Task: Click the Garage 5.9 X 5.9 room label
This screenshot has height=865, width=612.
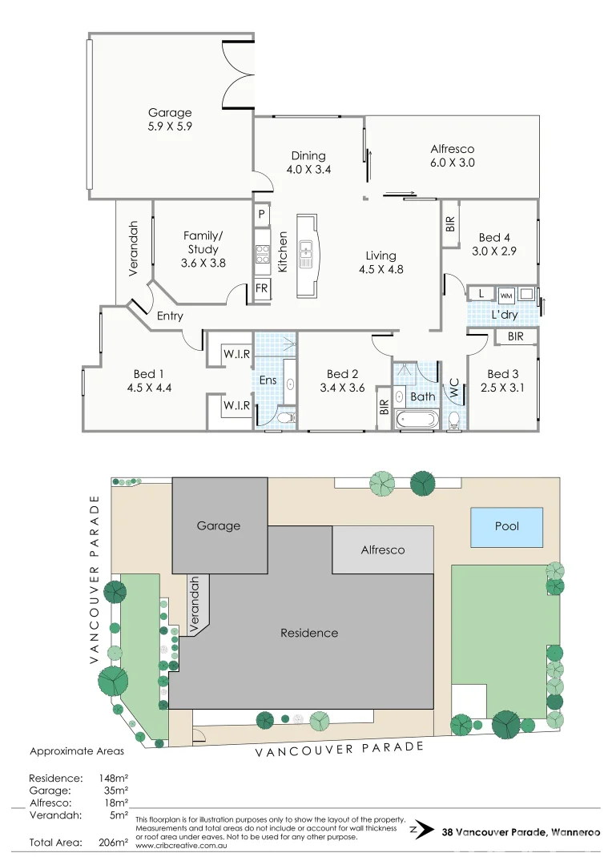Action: pyautogui.click(x=170, y=119)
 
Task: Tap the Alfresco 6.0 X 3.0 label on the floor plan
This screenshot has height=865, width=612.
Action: pyautogui.click(x=452, y=155)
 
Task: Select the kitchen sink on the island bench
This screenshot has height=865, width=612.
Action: pyautogui.click(x=305, y=255)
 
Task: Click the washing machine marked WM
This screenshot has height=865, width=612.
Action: pyautogui.click(x=506, y=294)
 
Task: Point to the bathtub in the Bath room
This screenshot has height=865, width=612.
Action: pyautogui.click(x=417, y=419)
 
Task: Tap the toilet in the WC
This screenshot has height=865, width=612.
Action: pyautogui.click(x=454, y=420)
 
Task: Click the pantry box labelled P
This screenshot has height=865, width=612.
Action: pyautogui.click(x=261, y=214)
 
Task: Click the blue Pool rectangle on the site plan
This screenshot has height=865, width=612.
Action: pyautogui.click(x=506, y=526)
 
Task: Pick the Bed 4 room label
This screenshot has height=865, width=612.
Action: pyautogui.click(x=494, y=244)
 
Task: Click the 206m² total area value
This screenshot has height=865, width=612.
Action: pyautogui.click(x=112, y=842)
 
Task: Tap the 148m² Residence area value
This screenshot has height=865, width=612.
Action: pyautogui.click(x=112, y=778)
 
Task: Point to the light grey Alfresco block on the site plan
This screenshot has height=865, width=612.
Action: pyautogui.click(x=383, y=550)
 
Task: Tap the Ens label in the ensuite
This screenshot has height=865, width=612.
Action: pyautogui.click(x=268, y=380)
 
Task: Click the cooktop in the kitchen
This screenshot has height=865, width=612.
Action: pyautogui.click(x=262, y=255)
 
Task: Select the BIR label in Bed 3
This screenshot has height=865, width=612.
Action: pyautogui.click(x=515, y=336)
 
